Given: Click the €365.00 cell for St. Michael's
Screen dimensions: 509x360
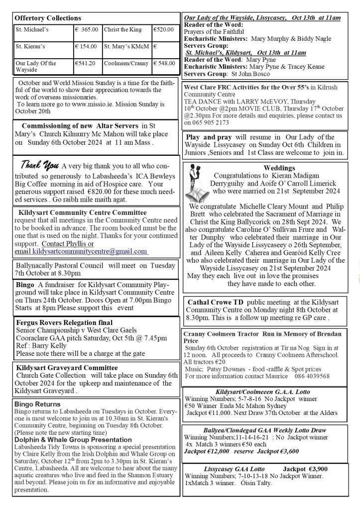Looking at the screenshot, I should click(x=87, y=30).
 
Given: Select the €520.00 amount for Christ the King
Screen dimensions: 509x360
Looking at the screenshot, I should click(x=163, y=30).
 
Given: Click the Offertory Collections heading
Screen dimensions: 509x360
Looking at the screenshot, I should click(x=48, y=18).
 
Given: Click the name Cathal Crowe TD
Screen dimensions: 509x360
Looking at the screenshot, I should click(x=217, y=302).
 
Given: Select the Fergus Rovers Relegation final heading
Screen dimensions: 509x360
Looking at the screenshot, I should click(x=64, y=323).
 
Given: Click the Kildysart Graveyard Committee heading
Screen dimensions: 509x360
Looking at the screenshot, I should click(x=66, y=368).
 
